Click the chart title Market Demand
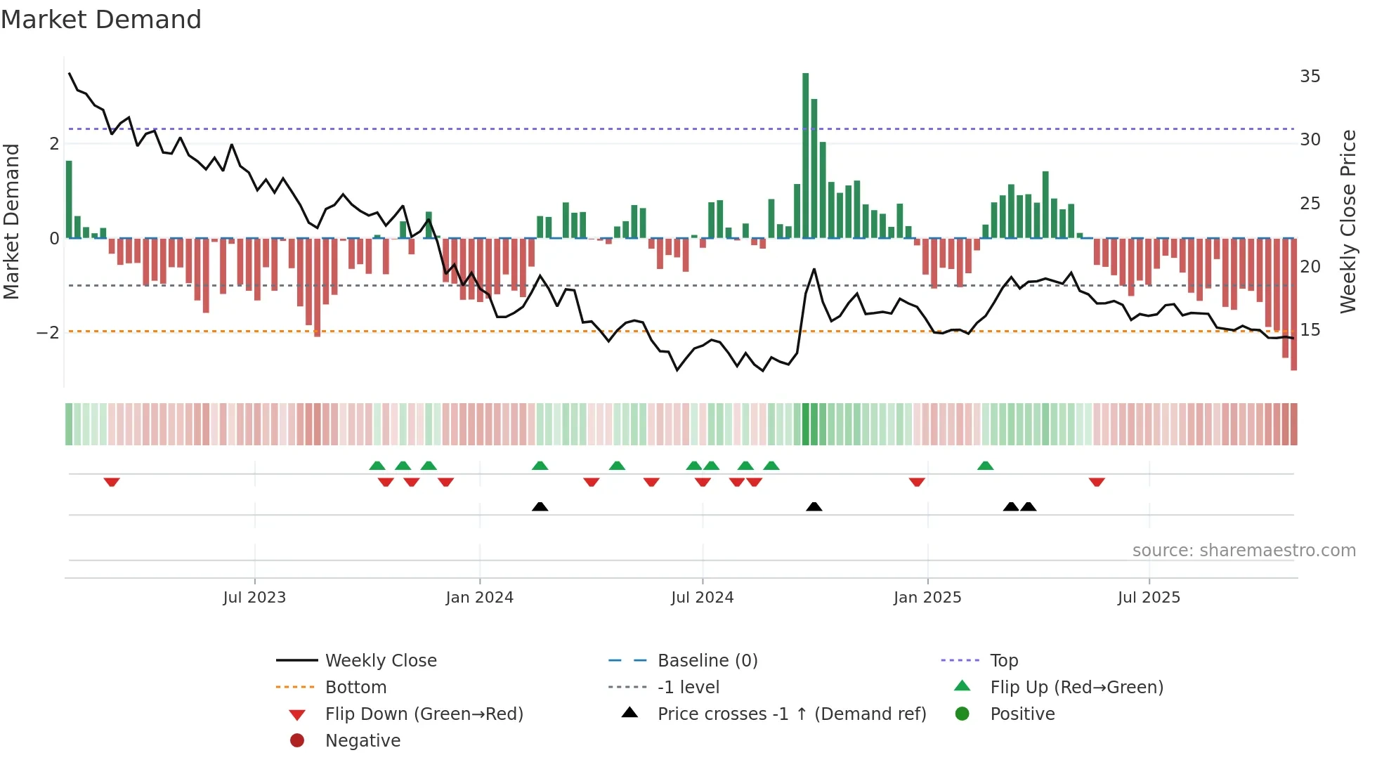101,20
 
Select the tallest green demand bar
805,156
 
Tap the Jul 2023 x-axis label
254,598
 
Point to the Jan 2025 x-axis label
927,598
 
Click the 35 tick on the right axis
1310,76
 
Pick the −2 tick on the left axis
48,332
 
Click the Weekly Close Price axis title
1348,221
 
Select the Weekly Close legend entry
380,661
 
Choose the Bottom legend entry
355,688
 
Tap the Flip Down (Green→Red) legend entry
424,714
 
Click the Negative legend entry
363,741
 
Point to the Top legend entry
1004,661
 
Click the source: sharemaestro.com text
1244,551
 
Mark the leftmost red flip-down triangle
112,482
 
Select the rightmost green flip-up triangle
985,466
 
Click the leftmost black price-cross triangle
540,506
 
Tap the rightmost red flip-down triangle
1097,482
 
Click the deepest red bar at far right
1293,304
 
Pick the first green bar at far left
69,200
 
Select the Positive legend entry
1022,714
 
